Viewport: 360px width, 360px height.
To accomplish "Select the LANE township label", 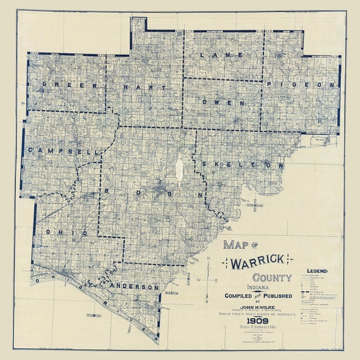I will point(212,56).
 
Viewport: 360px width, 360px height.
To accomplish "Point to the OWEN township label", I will point(224,102).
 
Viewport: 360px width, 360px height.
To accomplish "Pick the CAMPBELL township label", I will point(64,152).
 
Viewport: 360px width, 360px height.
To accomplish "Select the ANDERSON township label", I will point(135,287).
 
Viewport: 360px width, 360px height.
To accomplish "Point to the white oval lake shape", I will point(179,169).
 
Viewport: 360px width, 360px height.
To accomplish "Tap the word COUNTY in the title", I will point(271,277).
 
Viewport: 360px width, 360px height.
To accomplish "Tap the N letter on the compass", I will point(208,259).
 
